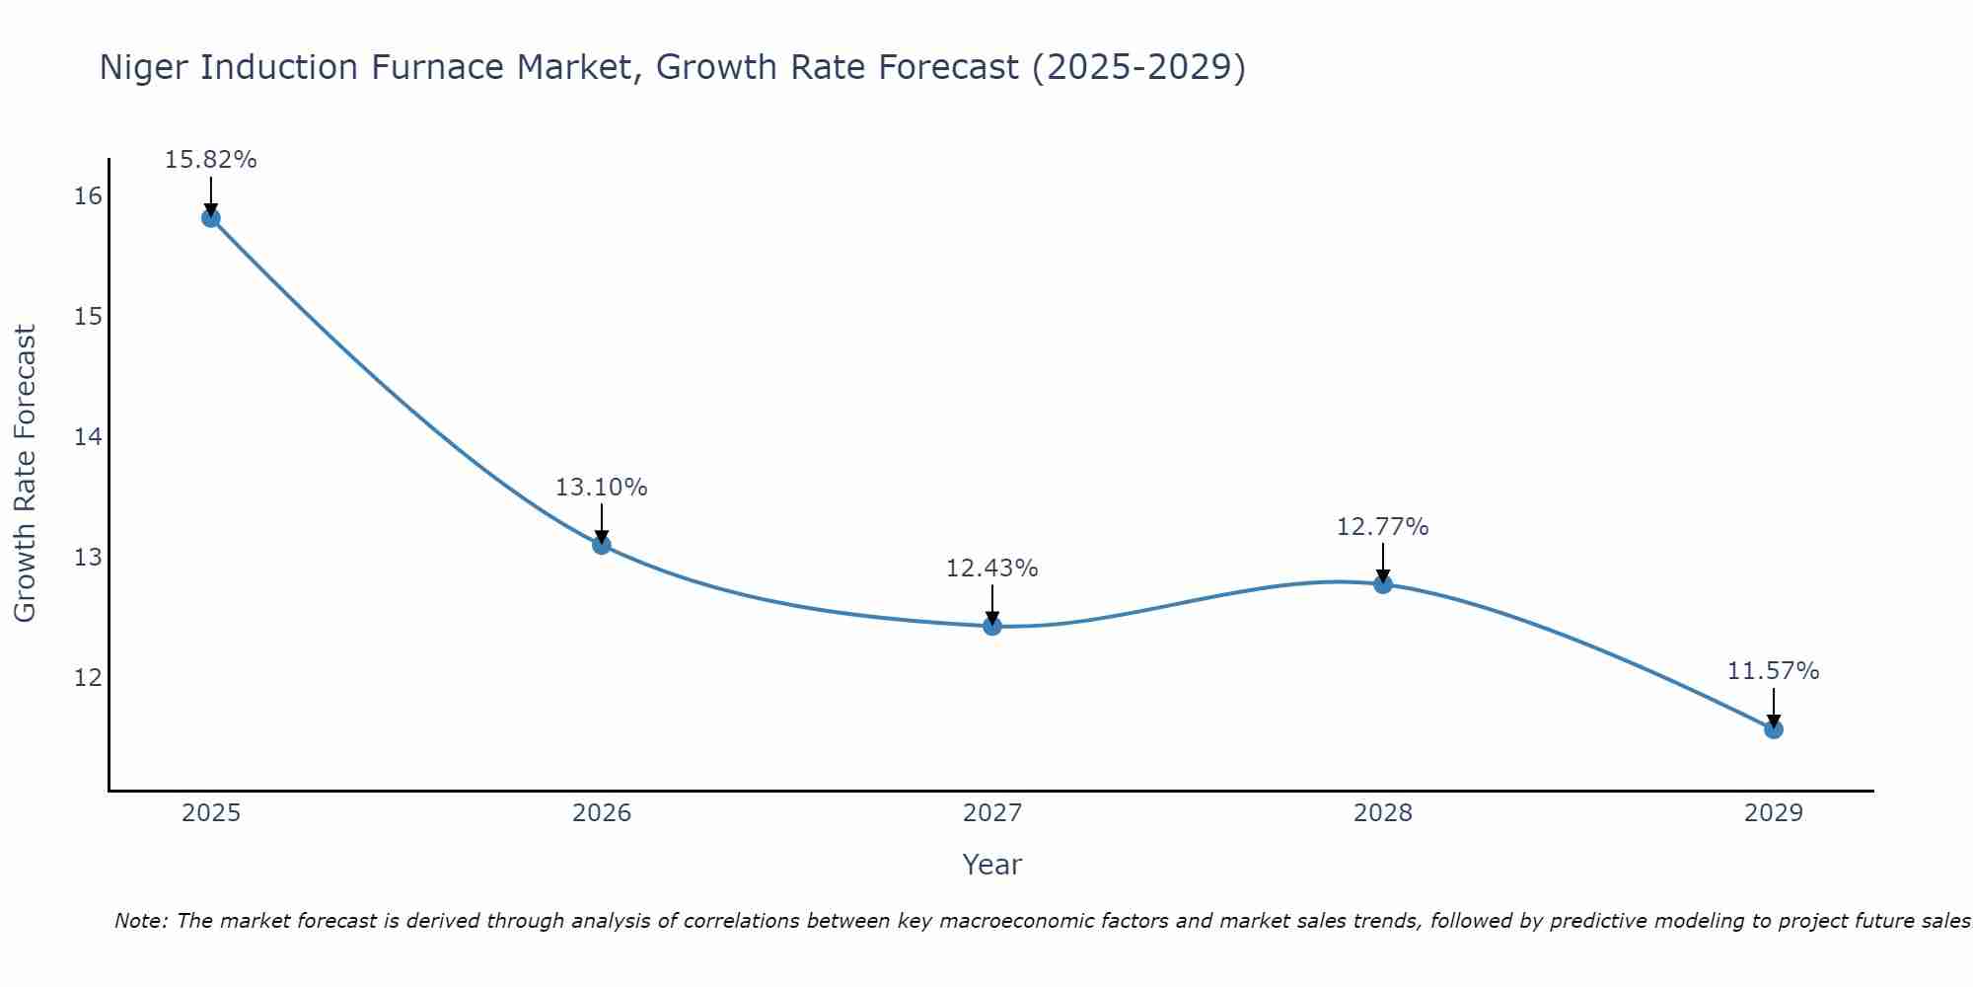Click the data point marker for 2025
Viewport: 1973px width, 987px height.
(210, 218)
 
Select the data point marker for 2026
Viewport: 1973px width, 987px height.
(602, 545)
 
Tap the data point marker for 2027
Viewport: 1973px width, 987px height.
(992, 626)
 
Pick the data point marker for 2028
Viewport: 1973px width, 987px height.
(1383, 584)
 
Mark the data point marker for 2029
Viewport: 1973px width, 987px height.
(1774, 729)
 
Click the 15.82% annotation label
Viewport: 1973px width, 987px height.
(210, 160)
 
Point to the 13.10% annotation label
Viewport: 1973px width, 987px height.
(601, 488)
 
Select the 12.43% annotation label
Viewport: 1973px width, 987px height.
(991, 569)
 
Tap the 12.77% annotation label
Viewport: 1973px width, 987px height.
(1382, 527)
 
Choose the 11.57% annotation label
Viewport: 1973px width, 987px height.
(1773, 671)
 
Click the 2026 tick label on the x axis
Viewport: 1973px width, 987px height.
(602, 813)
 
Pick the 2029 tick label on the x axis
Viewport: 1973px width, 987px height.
(1774, 813)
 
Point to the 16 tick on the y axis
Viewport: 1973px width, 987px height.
(88, 196)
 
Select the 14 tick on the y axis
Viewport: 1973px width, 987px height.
(88, 436)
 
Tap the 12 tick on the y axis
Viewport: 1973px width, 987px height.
(88, 677)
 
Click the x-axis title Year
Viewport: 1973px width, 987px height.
(991, 865)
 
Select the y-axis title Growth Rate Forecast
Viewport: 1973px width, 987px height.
(25, 474)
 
